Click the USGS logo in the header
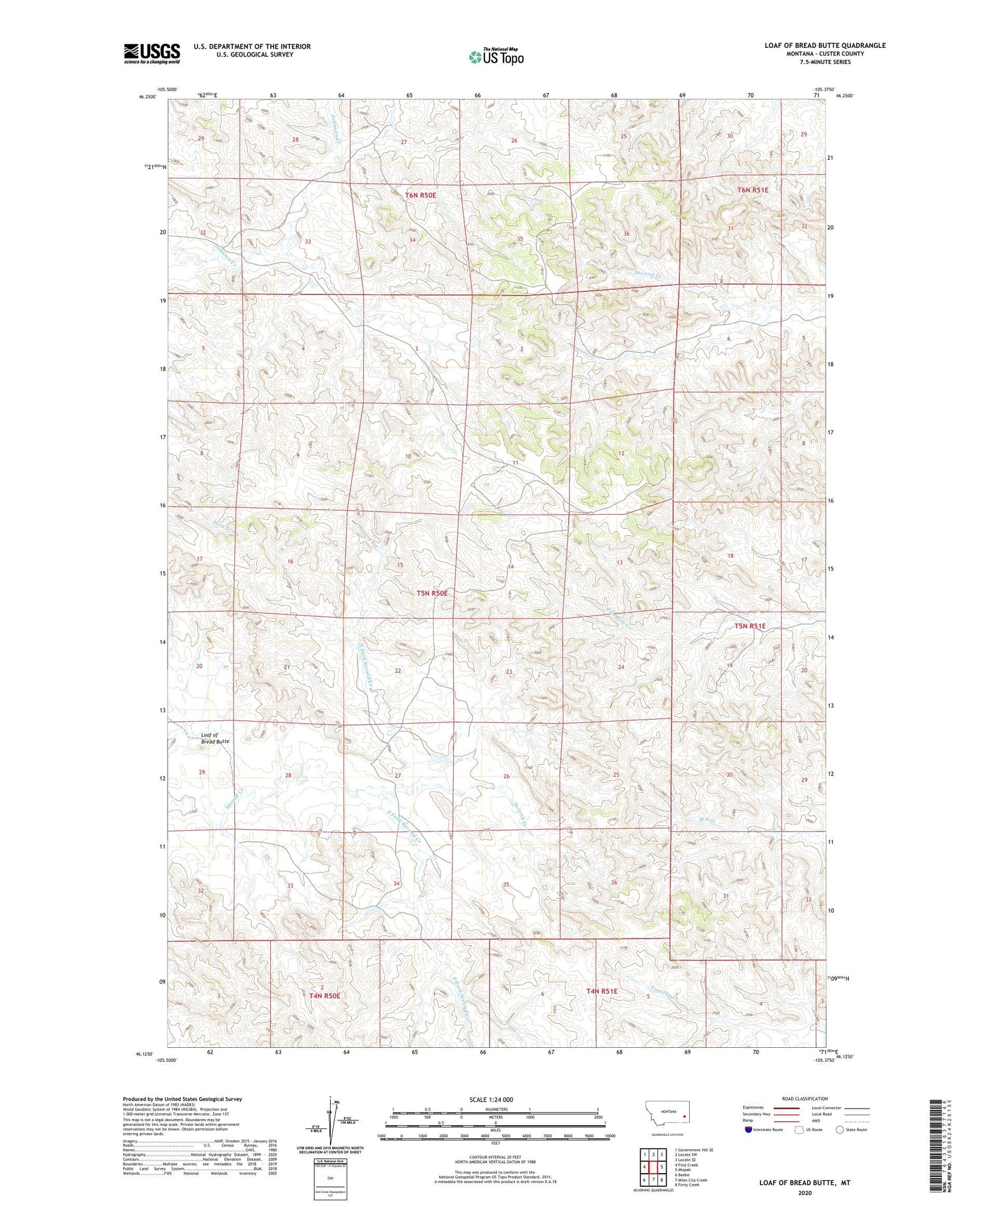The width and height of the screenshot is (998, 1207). tap(152, 53)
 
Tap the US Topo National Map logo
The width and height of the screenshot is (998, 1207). tap(496, 57)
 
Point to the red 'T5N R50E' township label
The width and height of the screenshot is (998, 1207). tap(432, 593)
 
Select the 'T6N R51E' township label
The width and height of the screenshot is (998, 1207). tap(752, 190)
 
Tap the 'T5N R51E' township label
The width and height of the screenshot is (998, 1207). tap(750, 626)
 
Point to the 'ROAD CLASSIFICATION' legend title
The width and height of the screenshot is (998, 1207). tap(805, 1098)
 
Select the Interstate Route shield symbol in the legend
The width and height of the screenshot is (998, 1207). tap(748, 1130)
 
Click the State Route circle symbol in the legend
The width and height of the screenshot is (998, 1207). tap(840, 1130)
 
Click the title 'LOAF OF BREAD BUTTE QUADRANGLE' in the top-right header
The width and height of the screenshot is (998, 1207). tap(825, 45)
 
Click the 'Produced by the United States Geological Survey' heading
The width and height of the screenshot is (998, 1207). tap(182, 1099)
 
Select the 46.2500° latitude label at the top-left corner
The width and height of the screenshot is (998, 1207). tap(148, 97)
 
